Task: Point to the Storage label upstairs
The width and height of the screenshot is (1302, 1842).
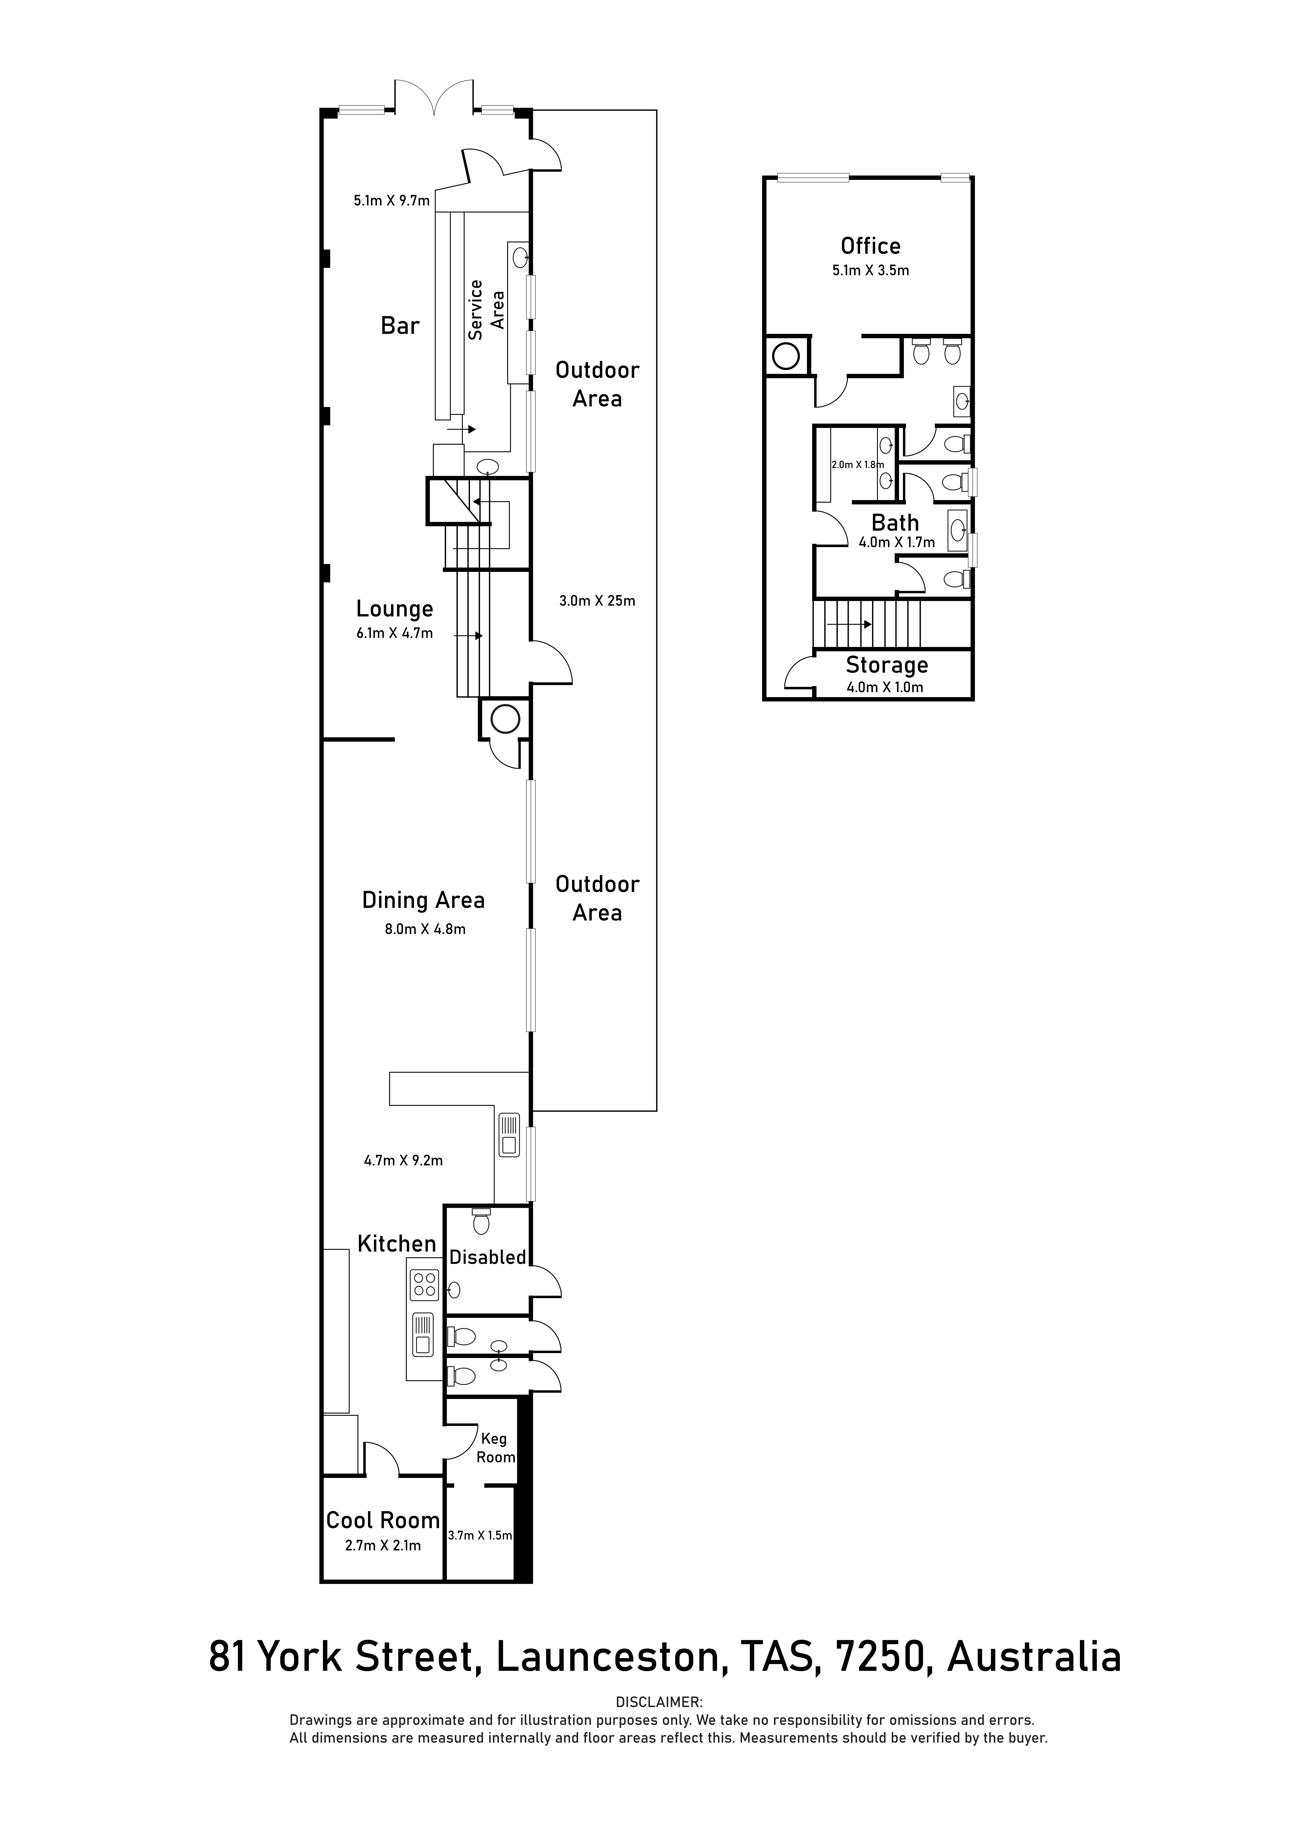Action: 886,665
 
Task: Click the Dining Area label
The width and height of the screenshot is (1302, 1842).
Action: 423,900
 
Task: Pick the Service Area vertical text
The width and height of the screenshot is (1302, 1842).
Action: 486,310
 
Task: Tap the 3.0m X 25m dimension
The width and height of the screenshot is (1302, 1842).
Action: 597,600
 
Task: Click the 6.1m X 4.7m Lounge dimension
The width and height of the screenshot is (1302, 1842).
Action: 395,633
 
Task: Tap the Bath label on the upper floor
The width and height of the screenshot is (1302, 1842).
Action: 895,523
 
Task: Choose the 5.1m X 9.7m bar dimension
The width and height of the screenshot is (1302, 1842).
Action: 391,201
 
